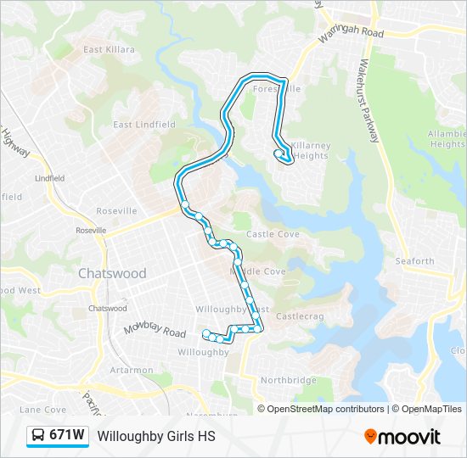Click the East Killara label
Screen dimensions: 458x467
coord(109,49)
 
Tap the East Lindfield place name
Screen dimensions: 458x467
coord(144,124)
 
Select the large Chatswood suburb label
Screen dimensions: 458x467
coord(112,273)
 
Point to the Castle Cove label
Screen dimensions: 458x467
coord(273,233)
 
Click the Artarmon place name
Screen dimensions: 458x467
coord(131,370)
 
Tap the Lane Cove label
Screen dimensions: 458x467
coord(42,410)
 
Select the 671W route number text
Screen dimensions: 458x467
coord(66,435)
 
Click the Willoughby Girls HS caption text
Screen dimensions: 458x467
coord(156,436)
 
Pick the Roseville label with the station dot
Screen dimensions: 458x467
coord(91,230)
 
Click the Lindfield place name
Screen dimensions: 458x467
coord(49,179)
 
